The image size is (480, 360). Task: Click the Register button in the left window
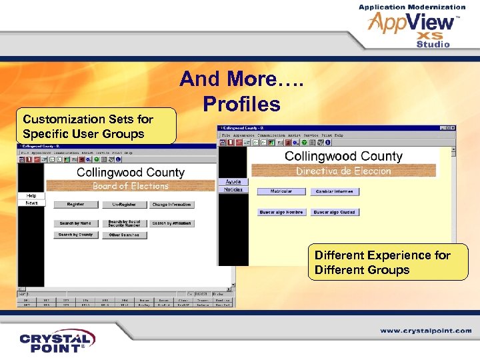pos(75,205)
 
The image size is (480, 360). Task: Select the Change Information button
pos(171,205)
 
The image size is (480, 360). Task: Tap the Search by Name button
pos(75,223)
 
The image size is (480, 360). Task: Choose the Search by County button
pos(75,235)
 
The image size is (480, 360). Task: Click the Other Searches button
pos(124,235)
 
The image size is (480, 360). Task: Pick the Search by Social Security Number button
pos(124,223)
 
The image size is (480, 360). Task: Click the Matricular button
pos(281,191)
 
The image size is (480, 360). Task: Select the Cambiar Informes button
pos(334,191)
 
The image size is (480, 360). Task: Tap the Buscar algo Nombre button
pos(281,212)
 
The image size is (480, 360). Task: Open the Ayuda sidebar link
pos(233,181)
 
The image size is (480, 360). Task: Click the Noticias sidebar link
pos(233,189)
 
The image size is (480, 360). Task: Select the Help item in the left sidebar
pos(31,195)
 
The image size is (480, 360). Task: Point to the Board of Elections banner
pos(131,186)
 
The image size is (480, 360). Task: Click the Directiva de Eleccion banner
pos(343,171)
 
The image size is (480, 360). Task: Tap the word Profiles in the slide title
pos(241,104)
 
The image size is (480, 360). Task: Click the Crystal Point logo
pos(57,341)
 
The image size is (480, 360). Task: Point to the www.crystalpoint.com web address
pos(426,331)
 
